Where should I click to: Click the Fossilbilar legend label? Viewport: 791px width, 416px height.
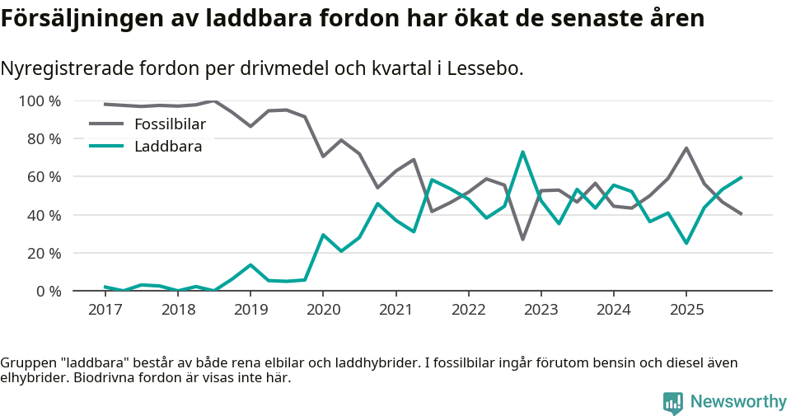tap(170, 124)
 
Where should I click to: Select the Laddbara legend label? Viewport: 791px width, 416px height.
tap(168, 147)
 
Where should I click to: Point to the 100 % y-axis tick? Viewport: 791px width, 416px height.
tap(40, 101)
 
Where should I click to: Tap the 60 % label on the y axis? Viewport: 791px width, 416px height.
tap(44, 177)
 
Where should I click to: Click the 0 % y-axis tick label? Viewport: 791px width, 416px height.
tap(47, 291)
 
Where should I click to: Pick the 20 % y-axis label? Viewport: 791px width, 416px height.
tap(44, 253)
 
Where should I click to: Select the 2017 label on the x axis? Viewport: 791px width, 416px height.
tap(105, 310)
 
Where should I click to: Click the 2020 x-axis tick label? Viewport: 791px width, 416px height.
tap(323, 310)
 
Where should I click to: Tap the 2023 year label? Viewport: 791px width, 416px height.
tap(541, 310)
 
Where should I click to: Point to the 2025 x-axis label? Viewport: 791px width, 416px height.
tap(686, 310)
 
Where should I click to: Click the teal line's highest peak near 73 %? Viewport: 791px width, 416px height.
tap(522, 152)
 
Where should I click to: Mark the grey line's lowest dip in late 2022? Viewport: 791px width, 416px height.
tap(522, 239)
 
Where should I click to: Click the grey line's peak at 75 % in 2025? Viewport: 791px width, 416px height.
tap(686, 148)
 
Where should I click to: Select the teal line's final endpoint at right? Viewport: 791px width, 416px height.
tap(742, 177)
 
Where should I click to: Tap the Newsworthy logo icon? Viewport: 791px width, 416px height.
tap(673, 402)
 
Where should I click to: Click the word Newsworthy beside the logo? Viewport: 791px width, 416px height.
tap(738, 402)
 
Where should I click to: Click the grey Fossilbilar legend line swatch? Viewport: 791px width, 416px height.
tap(106, 124)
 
